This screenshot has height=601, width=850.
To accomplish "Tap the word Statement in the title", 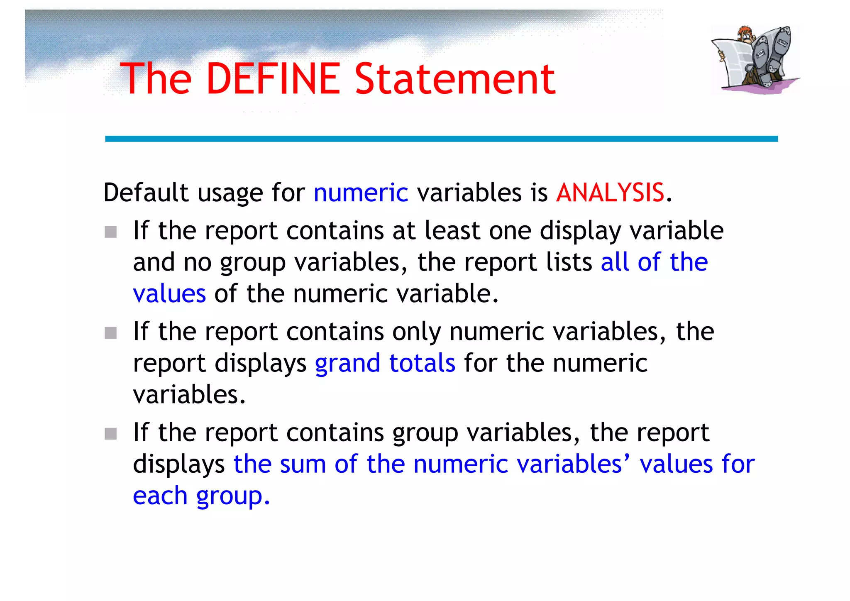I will coord(455,78).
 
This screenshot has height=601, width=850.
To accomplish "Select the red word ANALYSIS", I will coord(610,193).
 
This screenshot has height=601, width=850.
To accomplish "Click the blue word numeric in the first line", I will coord(361,193).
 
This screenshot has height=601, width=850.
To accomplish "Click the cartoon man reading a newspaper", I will coord(755,59).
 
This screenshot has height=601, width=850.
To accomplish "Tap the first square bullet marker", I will coord(110,232).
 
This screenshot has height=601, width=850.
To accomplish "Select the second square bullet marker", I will coord(110,333).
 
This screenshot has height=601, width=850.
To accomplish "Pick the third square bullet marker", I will coord(110,434).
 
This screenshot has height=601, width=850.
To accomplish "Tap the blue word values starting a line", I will coord(169,293).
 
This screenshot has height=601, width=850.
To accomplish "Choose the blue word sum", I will coord(303,464).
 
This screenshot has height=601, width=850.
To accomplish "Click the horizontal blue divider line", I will coord(441,139).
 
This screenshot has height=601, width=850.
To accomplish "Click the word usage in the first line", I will coord(230,193).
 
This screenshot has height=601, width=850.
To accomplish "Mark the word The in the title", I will coord(156,78).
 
